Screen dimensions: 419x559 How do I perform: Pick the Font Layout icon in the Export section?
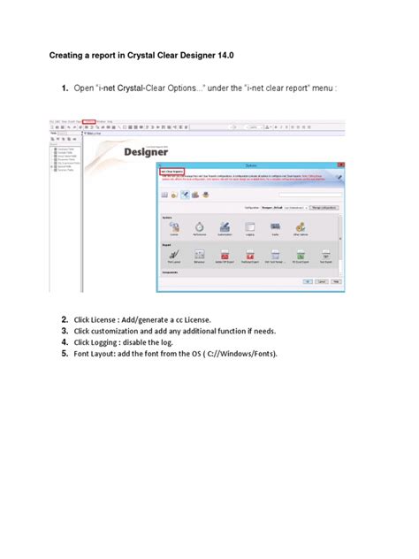173,255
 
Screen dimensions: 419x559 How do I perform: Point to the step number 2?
65,319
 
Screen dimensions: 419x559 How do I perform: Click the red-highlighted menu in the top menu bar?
88,121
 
